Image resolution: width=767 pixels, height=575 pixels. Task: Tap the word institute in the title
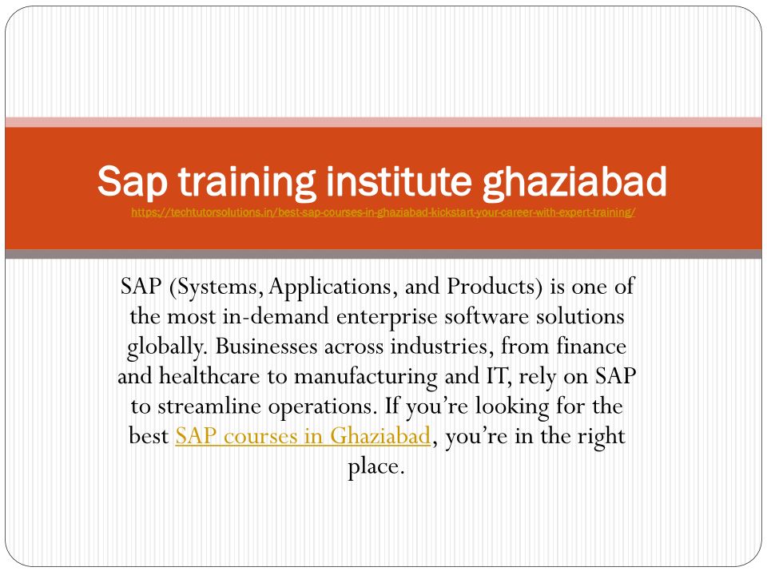coord(399,181)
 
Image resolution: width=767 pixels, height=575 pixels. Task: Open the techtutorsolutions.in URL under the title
coord(383,212)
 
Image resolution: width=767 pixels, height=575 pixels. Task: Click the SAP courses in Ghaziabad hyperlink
coord(303,436)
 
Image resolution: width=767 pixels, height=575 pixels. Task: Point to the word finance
coord(591,346)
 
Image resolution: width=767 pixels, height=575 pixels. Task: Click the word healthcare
coord(209,376)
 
